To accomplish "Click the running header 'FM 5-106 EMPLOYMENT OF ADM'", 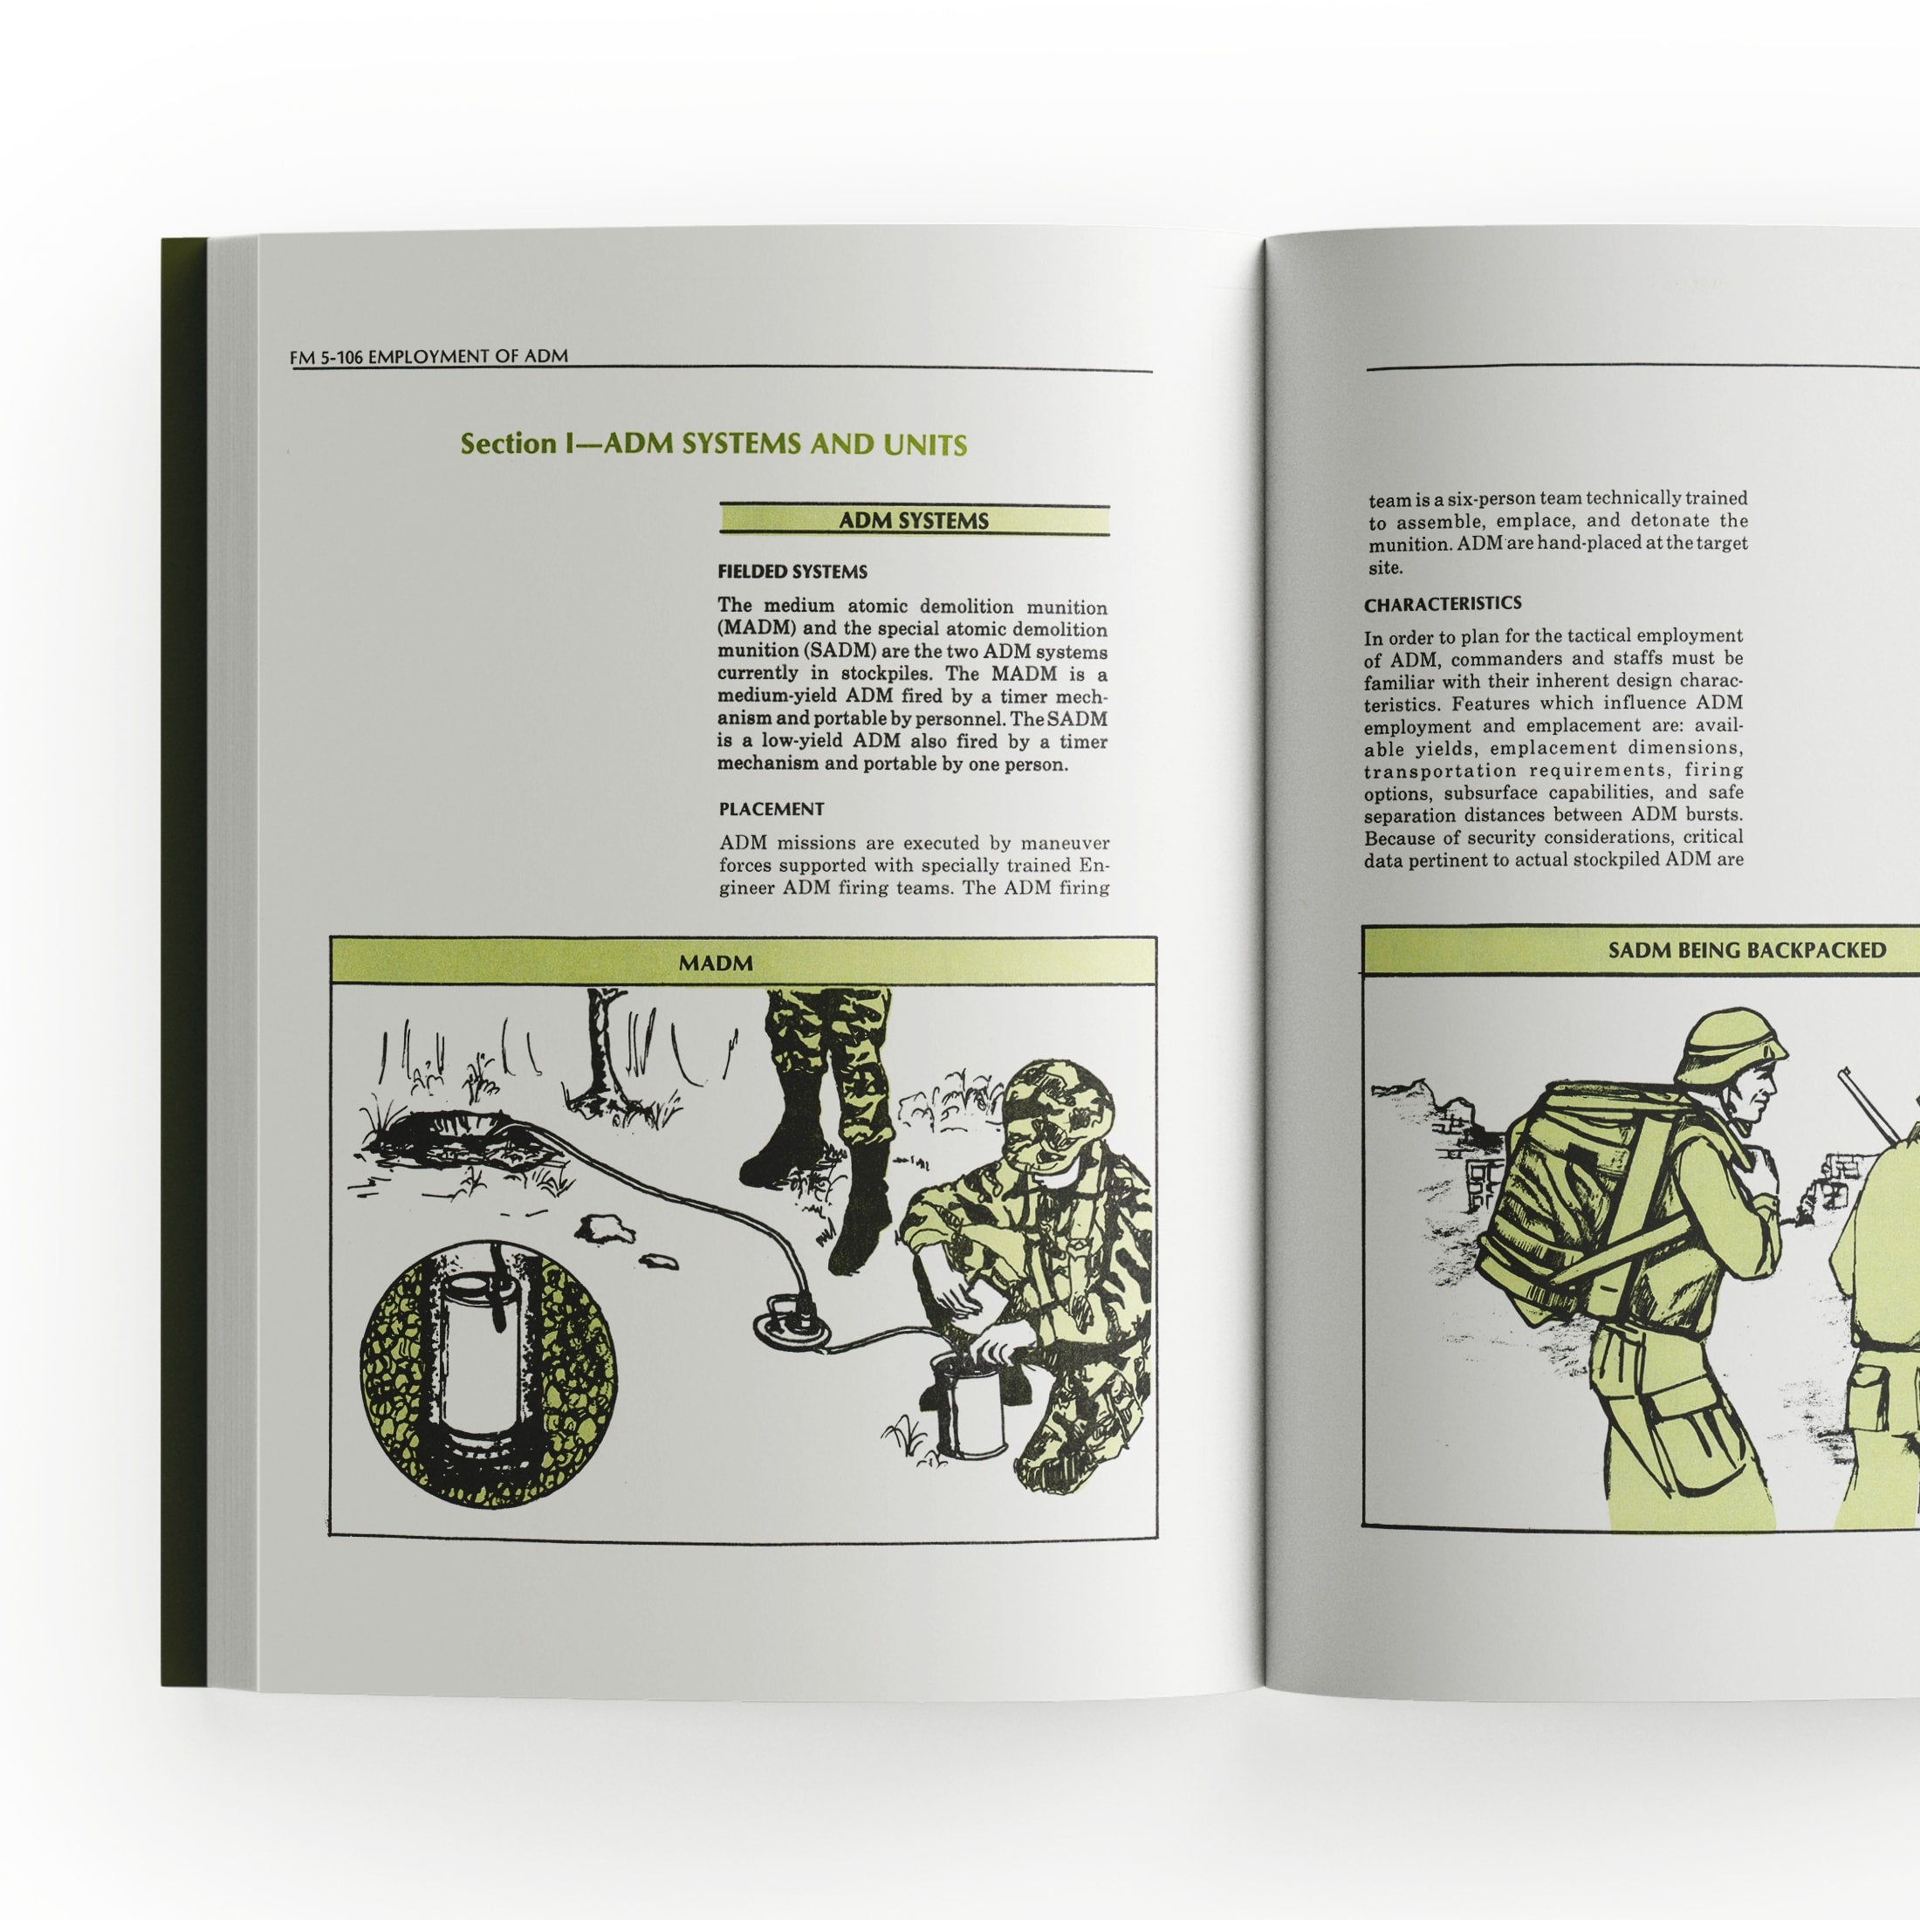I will pyautogui.click(x=429, y=356).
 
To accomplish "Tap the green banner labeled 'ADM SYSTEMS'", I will pyautogui.click(x=913, y=520).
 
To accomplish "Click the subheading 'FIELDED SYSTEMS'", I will pyautogui.click(x=792, y=572).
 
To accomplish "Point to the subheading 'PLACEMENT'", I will pyautogui.click(x=771, y=809).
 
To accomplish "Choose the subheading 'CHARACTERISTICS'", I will pyautogui.click(x=1442, y=603).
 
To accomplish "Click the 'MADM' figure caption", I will pyautogui.click(x=716, y=962).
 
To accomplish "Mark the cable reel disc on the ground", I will pyautogui.click(x=791, y=1326).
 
